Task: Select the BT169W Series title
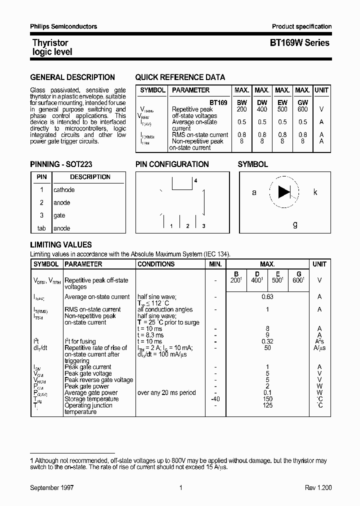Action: pos(299,43)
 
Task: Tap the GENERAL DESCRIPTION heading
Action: pos(72,77)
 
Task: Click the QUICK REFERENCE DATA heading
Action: pos(180,77)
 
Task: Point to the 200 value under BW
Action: pos(241,109)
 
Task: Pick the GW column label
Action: pos(302,102)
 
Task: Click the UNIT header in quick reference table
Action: pos(321,90)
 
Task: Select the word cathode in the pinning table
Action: pos(64,190)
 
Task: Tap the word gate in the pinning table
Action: pos(59,215)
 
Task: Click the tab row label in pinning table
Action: pos(41,228)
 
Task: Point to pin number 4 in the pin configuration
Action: pos(196,180)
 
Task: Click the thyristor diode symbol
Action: pos(284,192)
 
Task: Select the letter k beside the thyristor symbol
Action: pos(315,192)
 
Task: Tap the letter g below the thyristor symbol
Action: pos(295,224)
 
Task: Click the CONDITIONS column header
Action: pos(156,264)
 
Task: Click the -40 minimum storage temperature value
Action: pos(215,399)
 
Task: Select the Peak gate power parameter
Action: pos(87,386)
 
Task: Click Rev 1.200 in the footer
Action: pos(318,487)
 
